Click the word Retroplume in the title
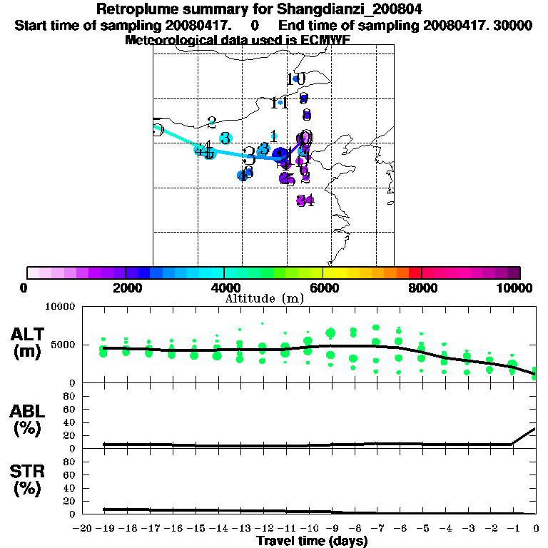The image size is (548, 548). click(133, 9)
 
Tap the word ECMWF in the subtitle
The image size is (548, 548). click(327, 40)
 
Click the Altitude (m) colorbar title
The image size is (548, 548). click(264, 298)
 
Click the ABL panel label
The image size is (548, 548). click(30, 421)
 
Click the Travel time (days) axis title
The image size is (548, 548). click(312, 542)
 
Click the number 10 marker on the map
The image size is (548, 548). click(297, 78)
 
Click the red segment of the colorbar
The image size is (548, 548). click(415, 273)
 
